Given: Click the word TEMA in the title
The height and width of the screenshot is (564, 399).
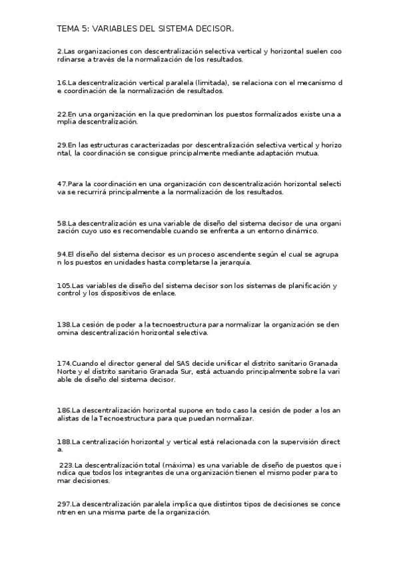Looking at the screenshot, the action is [x=67, y=29].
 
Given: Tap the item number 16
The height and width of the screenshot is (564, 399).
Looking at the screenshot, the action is [x=62, y=82].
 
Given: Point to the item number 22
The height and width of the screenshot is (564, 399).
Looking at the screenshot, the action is [x=62, y=114].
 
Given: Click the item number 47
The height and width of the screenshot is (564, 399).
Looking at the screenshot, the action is [x=63, y=184].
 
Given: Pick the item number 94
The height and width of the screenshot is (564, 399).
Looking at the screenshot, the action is [x=62, y=254].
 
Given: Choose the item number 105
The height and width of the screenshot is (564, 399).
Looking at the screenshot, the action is [x=64, y=285].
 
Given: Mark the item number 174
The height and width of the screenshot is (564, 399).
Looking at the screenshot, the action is [x=65, y=363].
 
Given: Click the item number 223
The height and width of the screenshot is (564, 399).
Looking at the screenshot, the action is [x=67, y=464].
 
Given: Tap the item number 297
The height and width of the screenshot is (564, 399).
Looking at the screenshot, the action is [x=65, y=505].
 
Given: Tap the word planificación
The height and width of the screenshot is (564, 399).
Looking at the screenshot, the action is [x=308, y=285].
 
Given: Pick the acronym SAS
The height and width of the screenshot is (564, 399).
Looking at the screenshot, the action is [x=183, y=363].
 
